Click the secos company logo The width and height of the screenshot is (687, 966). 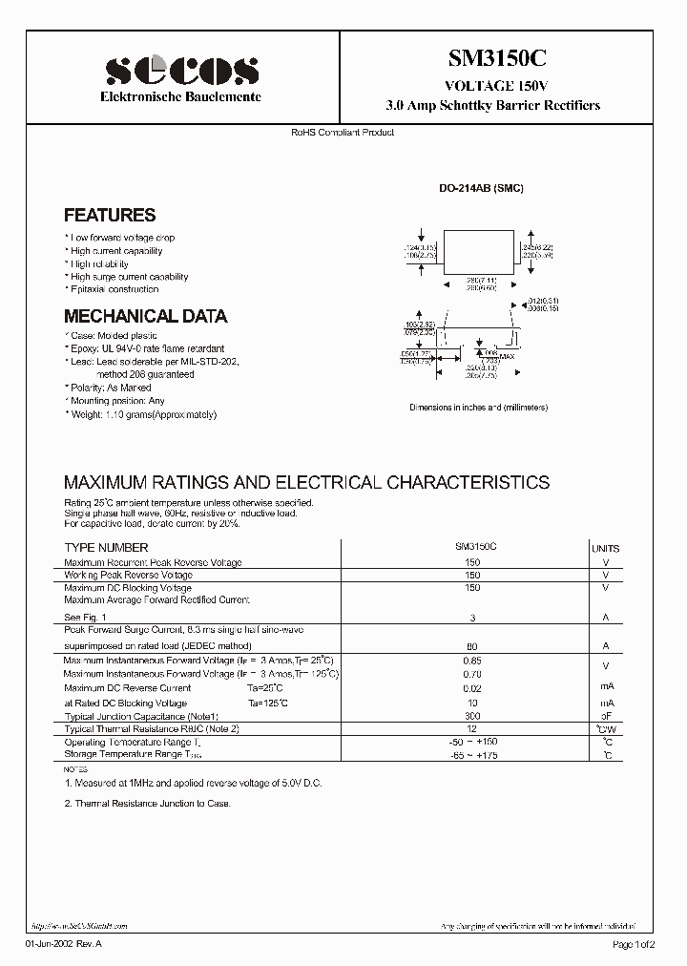[x=181, y=70]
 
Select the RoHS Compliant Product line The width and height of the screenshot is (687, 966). [x=343, y=132]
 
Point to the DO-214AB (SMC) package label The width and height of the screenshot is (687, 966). [x=481, y=189]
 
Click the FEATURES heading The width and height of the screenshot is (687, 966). [x=110, y=216]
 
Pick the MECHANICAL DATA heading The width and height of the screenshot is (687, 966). [x=145, y=316]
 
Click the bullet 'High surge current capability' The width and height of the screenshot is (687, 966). [x=129, y=277]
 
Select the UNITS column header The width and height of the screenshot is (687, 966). [x=605, y=549]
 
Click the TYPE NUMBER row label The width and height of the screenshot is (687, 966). [x=106, y=548]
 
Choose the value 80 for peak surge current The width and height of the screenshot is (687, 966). [x=471, y=646]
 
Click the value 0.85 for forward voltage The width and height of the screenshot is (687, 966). [x=471, y=661]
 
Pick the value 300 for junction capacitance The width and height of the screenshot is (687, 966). [x=471, y=715]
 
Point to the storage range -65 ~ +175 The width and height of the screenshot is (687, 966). [x=471, y=755]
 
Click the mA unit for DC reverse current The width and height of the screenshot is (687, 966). [x=605, y=687]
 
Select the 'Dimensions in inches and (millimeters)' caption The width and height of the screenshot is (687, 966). [x=479, y=408]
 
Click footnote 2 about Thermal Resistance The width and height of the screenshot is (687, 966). [x=148, y=804]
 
